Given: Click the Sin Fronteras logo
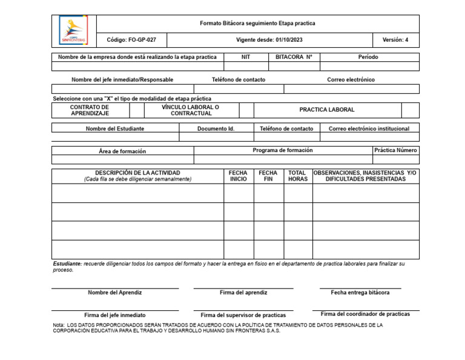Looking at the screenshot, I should point(73,31).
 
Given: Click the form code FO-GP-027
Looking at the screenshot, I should point(131,40).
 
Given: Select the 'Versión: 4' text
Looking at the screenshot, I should point(395,40).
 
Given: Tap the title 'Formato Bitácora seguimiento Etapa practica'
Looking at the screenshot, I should point(257,23).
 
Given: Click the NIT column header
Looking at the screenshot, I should point(245,57).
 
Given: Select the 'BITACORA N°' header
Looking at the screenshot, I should point(294,57).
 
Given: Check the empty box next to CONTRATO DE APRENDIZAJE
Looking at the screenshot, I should point(137,110).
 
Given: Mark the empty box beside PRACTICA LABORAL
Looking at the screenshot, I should point(410,110).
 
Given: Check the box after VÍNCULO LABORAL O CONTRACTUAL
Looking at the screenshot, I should point(246,110).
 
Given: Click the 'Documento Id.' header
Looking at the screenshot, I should point(216,128).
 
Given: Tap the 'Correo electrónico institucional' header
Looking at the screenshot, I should point(369,128).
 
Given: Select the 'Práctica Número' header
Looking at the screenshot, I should point(395,150).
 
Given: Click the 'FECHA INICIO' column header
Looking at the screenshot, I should point(238,176).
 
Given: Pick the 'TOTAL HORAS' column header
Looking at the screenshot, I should point(297,176).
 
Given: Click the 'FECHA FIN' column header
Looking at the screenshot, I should point(268,176).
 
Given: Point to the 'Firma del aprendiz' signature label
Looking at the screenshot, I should point(243,293).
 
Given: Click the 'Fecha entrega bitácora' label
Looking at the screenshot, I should point(360,293).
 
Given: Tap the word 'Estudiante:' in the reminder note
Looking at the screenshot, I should point(67,264).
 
